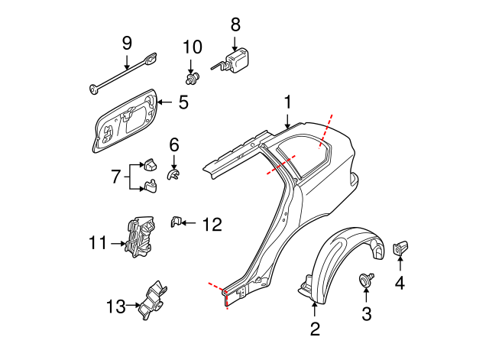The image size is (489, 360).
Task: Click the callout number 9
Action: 127,44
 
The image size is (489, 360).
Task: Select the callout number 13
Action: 116,306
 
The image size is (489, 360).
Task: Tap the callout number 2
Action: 315,329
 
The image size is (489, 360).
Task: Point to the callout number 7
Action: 116,177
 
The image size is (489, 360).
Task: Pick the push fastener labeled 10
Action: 192,78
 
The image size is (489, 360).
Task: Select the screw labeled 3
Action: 365,278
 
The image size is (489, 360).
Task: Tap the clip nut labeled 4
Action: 400,248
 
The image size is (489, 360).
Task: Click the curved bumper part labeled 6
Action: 173,175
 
